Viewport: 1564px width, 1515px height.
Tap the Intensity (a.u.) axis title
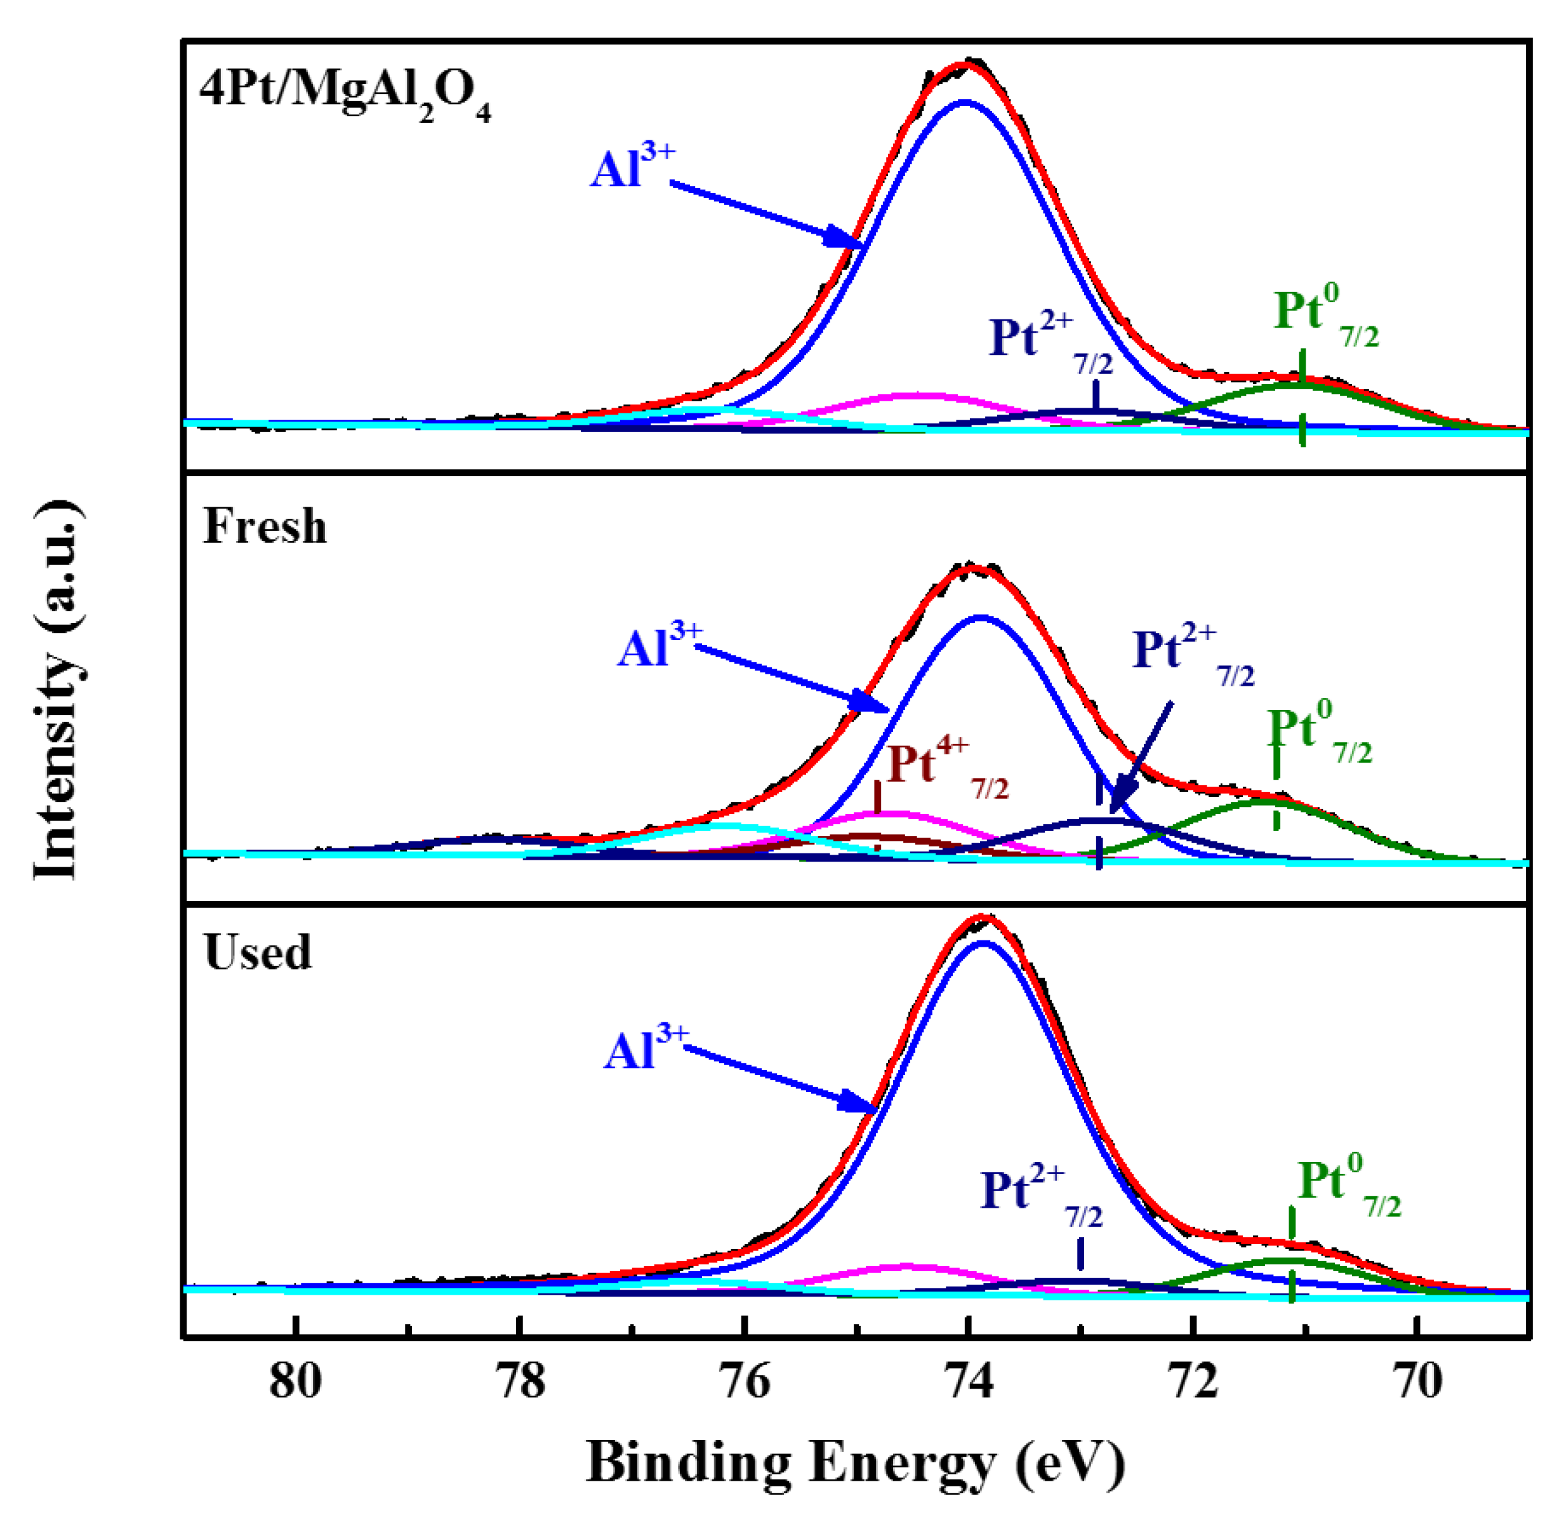coord(58,690)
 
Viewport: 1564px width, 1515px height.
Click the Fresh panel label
coord(265,527)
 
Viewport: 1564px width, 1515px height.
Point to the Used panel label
coord(257,953)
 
